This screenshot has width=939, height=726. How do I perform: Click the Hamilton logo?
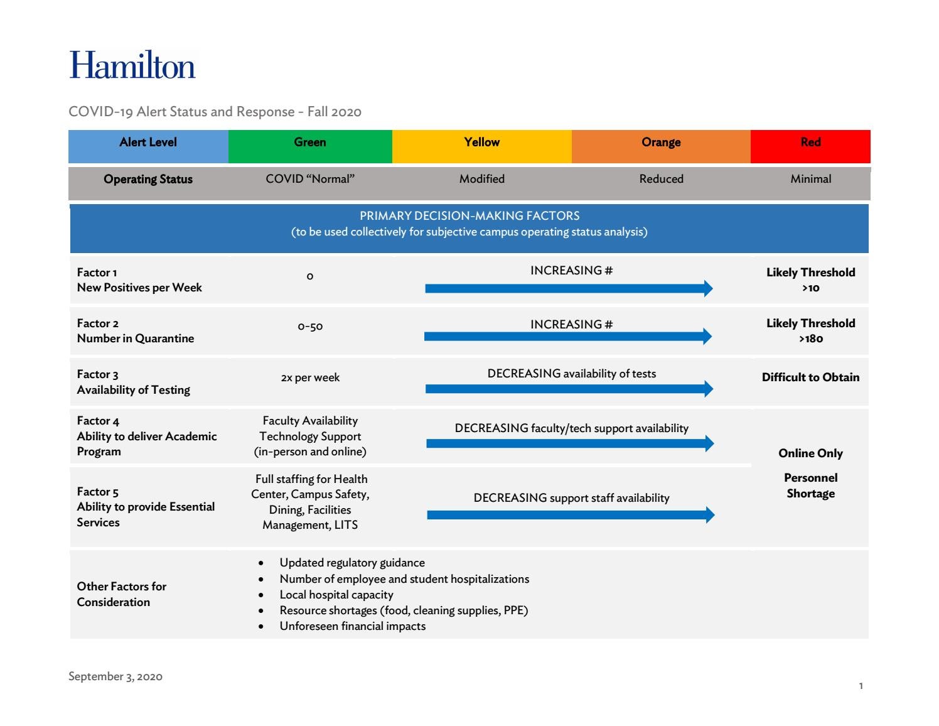[132, 65]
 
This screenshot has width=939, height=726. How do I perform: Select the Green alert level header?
[310, 143]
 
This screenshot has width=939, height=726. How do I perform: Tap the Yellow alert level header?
[481, 143]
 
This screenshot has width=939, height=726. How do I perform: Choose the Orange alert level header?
[661, 143]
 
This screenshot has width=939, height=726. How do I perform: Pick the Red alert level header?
[810, 143]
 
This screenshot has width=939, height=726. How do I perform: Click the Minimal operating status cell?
[810, 179]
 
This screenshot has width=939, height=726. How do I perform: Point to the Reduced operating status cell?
[661, 179]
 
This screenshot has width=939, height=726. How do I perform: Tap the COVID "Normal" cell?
[310, 179]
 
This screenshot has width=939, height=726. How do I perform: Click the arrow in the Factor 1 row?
[569, 288]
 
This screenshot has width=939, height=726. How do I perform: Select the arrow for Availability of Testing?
[569, 389]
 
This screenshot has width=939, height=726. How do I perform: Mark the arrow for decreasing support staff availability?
[570, 515]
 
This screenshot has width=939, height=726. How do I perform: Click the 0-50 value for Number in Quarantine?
[310, 327]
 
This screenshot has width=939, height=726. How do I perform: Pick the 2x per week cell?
[310, 377]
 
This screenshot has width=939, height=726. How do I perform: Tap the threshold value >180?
[810, 339]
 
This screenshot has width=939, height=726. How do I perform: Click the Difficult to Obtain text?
[810, 377]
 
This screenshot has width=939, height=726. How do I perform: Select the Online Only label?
[810, 453]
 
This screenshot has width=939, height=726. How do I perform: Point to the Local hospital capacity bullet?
[336, 595]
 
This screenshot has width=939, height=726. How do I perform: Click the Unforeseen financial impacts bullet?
[352, 626]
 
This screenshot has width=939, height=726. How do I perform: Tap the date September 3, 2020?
[115, 676]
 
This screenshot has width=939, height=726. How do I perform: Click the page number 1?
[861, 686]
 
